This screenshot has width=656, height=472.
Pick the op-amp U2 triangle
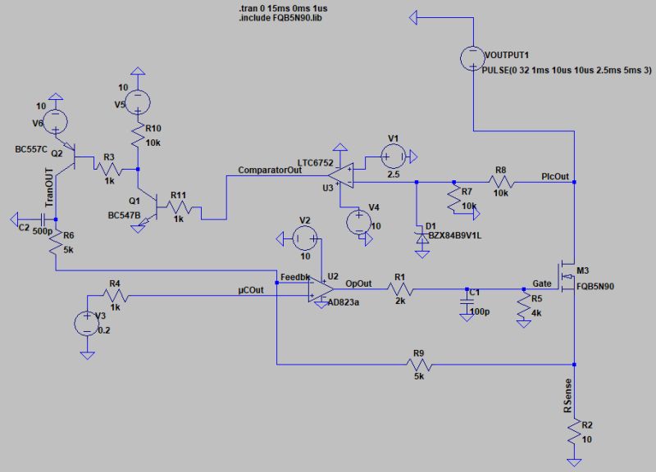(319, 288)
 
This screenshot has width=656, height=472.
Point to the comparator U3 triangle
(340, 173)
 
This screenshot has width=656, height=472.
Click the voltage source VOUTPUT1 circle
(474, 57)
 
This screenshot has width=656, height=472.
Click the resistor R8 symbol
(499, 182)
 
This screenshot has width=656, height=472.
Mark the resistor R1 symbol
(401, 288)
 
